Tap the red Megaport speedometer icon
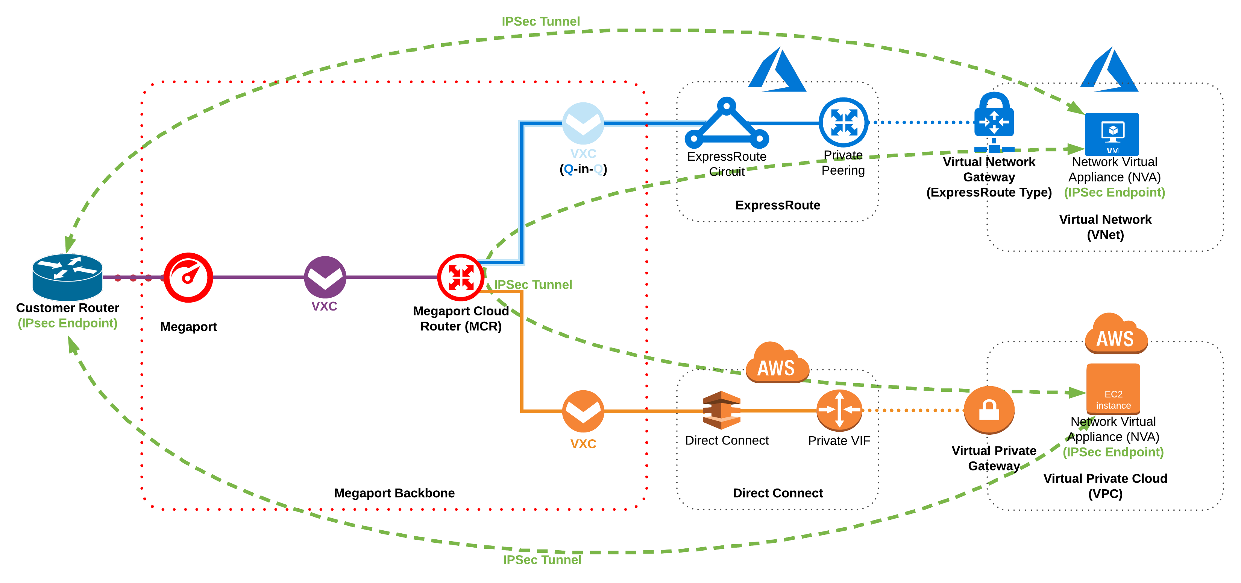pos(188,277)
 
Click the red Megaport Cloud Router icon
pos(461,277)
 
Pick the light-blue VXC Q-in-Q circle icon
pos(583,123)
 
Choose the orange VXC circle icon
pos(583,411)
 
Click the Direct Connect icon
pos(721,410)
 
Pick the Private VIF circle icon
pos(839,410)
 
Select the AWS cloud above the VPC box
pos(1116,334)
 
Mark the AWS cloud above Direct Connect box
pos(777,364)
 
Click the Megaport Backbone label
pos(394,493)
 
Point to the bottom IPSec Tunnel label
pos(542,560)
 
